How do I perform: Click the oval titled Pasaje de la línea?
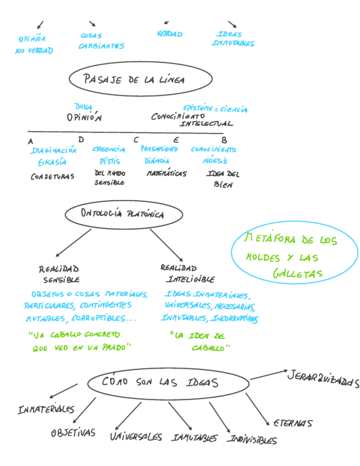coord(140,79)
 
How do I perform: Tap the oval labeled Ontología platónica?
coord(122,214)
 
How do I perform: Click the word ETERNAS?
coord(292,423)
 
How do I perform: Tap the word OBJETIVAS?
coord(73,432)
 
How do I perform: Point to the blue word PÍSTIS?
coord(109,162)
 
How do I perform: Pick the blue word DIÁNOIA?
coord(156,161)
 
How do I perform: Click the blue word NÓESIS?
coord(215,161)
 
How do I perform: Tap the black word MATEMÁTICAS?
coord(166,174)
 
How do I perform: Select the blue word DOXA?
coord(83,107)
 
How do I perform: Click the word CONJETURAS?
coord(52,176)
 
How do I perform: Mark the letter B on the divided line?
coord(224,140)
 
